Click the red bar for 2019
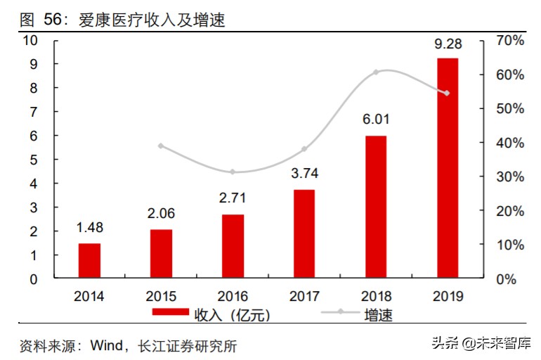pyautogui.click(x=448, y=168)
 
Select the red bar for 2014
pyautogui.click(x=89, y=261)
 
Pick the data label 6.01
pyautogui.click(x=375, y=120)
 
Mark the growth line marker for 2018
pyautogui.click(x=376, y=72)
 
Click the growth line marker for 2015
pyautogui.click(x=161, y=146)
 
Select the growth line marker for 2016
pyautogui.click(x=233, y=172)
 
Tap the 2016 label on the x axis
pyautogui.click(x=233, y=297)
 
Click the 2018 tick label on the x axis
pyautogui.click(x=376, y=297)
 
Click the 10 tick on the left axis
pyautogui.click(x=30, y=41)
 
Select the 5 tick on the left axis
pyautogui.click(x=33, y=160)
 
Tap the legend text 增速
pyautogui.click(x=379, y=314)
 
